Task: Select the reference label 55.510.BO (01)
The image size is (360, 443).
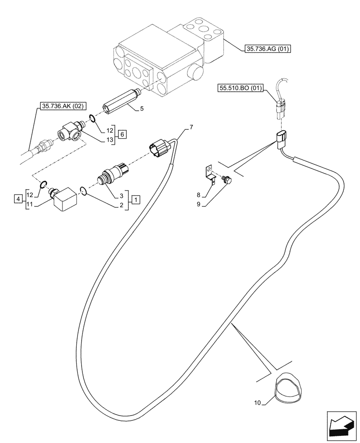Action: pos(240,88)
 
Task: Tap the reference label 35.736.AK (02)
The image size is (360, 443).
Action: pos(63,106)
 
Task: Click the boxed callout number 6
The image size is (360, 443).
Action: pos(123,135)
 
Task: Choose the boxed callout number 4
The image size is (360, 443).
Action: pos(18,199)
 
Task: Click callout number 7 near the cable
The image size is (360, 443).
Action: pos(191,128)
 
